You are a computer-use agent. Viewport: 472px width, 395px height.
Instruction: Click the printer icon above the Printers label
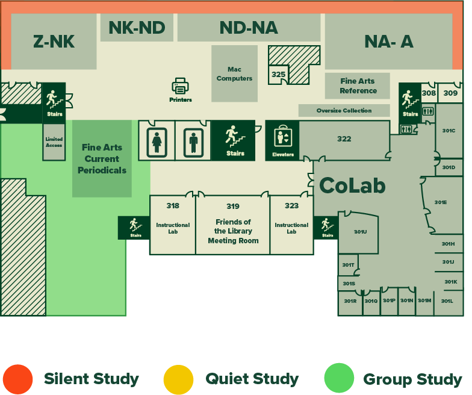pyautogui.click(x=181, y=86)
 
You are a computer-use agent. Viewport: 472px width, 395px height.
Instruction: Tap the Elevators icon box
pyautogui.click(x=282, y=140)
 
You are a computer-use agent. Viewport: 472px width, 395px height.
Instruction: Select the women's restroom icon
pyautogui.click(x=157, y=141)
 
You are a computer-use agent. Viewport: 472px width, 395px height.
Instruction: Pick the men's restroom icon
pyautogui.click(x=193, y=141)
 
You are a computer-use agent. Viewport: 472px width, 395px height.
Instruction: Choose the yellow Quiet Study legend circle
pyautogui.click(x=178, y=379)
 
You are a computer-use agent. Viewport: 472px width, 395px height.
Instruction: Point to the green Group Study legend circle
pyautogui.click(x=339, y=379)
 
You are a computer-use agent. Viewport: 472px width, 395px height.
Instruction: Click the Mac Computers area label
pyautogui.click(x=234, y=74)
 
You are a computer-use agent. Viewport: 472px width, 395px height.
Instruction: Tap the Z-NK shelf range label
pyautogui.click(x=54, y=42)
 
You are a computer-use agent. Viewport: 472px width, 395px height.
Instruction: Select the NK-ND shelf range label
pyautogui.click(x=137, y=28)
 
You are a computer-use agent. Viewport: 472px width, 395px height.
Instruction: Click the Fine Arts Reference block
pyautogui.click(x=358, y=86)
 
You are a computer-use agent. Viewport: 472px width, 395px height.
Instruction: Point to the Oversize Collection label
pyautogui.click(x=344, y=111)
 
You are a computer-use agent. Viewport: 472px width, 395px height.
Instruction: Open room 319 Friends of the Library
pyautogui.click(x=233, y=224)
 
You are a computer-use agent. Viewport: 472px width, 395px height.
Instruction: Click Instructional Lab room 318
pyautogui.click(x=173, y=224)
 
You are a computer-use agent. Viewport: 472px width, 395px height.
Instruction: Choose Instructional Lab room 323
pyautogui.click(x=291, y=224)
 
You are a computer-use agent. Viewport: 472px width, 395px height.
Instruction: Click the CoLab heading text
pyautogui.click(x=352, y=185)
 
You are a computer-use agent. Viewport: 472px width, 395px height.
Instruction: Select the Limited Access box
pyautogui.click(x=54, y=142)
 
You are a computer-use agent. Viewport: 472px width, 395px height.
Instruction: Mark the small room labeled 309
pyautogui.click(x=450, y=93)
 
